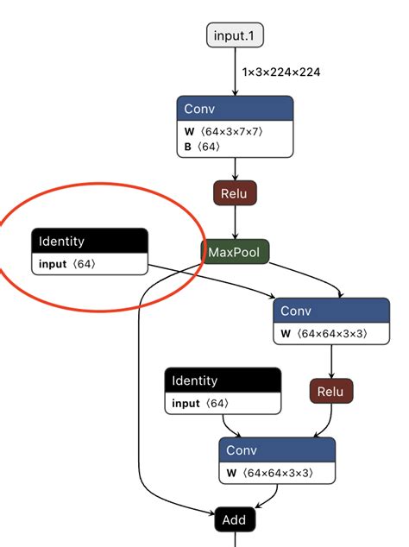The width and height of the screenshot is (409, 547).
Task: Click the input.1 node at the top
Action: pos(235,35)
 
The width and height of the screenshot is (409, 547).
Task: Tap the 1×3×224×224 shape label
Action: pos(281,72)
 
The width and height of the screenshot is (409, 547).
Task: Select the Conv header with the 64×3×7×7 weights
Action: pos(235,109)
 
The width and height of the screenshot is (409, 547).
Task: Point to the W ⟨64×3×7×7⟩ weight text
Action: pos(223,131)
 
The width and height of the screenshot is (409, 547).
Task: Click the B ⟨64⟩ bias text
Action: pos(203,147)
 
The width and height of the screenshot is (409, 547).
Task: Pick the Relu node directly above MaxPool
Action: pos(235,193)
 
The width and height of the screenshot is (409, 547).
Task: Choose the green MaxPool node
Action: pos(235,252)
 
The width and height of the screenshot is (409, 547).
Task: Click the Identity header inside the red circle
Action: pos(90,241)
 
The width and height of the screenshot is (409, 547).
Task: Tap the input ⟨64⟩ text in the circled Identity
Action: pos(67,264)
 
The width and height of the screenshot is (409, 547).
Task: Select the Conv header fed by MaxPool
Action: pos(331,311)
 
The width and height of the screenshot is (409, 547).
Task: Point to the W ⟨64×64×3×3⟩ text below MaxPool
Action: pos(324,334)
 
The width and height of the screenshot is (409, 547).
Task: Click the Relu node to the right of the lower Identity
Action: pos(331,391)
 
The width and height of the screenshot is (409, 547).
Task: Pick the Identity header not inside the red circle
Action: pos(223,380)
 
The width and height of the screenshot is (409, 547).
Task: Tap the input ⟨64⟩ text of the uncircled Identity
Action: pos(200,403)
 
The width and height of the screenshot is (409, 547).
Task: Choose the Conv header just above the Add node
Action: pos(277,450)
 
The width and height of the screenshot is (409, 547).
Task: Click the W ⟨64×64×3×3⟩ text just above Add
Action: pos(270,473)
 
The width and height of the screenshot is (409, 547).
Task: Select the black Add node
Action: pos(235,519)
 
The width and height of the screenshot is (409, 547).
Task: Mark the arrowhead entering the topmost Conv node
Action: pos(235,92)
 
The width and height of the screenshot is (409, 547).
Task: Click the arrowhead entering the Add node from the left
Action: pos(211,513)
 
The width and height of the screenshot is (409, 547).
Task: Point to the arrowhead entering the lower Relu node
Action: pos(331,375)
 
